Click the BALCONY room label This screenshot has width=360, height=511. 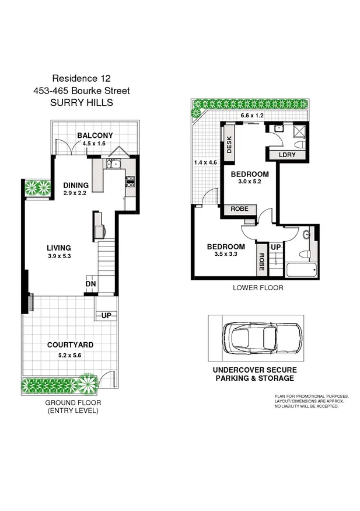95,135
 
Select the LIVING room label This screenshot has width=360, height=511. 60,248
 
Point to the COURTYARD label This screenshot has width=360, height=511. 70,345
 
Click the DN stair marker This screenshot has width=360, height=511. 90,284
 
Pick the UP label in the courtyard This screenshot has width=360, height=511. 106,315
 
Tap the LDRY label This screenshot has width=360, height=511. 286,155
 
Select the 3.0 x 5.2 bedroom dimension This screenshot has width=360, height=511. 250,182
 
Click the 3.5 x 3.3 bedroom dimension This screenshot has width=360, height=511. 226,255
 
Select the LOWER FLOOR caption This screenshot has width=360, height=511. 257,287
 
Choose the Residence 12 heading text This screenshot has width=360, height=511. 81,78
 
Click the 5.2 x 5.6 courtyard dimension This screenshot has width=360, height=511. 70,354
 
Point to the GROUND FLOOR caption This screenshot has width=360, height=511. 73,402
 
